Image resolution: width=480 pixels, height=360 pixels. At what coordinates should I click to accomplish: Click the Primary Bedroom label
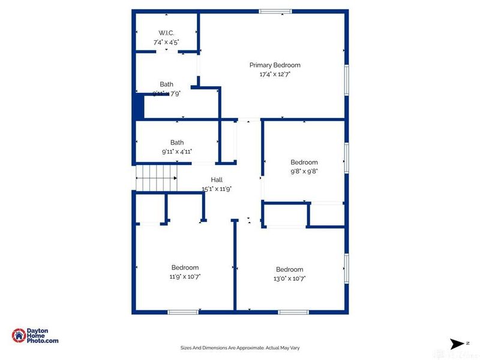[275, 65]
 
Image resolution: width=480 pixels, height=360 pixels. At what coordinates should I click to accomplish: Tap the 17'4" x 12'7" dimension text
[275, 75]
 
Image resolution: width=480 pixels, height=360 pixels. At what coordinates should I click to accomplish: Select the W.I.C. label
[166, 32]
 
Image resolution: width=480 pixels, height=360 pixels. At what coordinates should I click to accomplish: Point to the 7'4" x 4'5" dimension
[166, 42]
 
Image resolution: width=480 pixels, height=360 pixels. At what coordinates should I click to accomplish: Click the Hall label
[217, 179]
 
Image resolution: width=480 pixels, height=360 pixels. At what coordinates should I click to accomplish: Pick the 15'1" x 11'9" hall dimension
[217, 188]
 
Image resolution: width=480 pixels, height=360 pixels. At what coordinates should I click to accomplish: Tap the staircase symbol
[157, 178]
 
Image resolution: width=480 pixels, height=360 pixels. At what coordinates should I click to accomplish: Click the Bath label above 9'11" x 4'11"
[177, 142]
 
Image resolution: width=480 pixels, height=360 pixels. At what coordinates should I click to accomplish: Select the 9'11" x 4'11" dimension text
[177, 152]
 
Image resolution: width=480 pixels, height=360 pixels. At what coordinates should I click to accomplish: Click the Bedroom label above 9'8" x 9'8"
[304, 162]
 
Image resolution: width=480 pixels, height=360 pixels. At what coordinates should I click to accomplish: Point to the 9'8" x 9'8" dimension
[304, 171]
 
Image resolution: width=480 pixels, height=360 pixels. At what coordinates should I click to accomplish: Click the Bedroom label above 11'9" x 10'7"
[185, 267]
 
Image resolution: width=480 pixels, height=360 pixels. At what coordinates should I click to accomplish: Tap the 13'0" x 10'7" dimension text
[289, 278]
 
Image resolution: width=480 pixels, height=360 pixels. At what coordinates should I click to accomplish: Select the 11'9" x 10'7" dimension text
[185, 277]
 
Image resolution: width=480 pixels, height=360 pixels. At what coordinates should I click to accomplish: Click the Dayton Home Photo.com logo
[35, 336]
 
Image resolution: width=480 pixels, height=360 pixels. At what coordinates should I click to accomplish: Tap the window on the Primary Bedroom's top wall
[275, 11]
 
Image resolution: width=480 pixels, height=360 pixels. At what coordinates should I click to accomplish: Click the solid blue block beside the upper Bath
[139, 106]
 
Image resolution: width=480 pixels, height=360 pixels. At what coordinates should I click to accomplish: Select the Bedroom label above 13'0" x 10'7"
[289, 269]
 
